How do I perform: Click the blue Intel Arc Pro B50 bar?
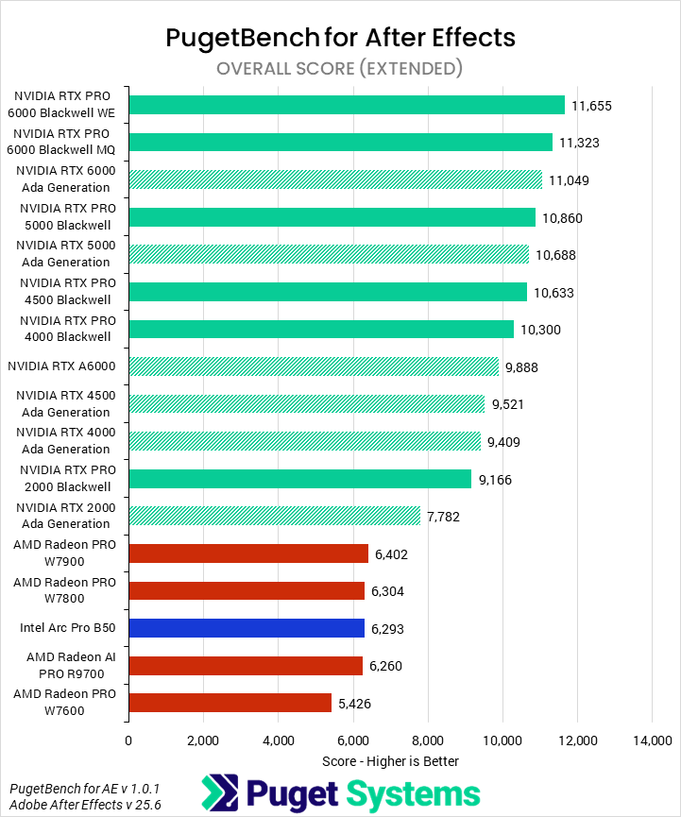pos(247,628)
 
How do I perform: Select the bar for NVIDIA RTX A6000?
pos(314,366)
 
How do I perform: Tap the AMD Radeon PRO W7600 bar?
pos(230,703)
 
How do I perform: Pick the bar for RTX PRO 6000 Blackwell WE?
pos(346,105)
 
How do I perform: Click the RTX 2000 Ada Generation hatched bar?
pos(274,516)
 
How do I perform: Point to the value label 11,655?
pos(592,106)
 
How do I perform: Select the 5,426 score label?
pos(355,704)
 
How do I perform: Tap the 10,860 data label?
pos(562,218)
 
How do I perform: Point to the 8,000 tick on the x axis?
pos(427,740)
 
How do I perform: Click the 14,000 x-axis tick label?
pos(652,740)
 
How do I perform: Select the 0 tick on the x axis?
pos(128,740)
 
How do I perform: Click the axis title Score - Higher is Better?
pos(390,760)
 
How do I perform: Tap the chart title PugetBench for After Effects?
pos(340,37)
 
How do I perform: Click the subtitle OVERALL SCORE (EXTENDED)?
pos(340,68)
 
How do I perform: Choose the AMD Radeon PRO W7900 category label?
pos(65,553)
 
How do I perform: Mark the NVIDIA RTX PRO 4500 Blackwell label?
pos(65,292)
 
